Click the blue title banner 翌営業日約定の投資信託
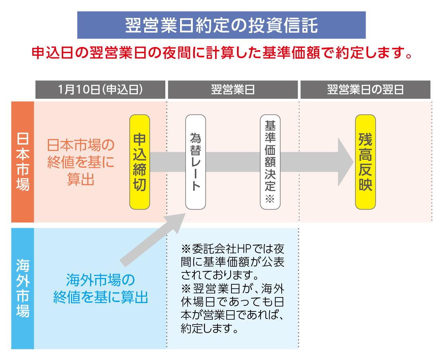tap(221, 25)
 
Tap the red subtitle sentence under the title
tap(222, 53)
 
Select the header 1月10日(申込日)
tap(100, 90)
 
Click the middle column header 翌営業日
tap(233, 90)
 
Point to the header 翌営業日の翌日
tap(365, 90)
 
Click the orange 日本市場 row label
tap(23, 162)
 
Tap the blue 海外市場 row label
tap(23, 288)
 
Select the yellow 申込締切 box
tap(139, 162)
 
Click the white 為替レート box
tap(196, 162)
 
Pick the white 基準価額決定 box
tap(270, 162)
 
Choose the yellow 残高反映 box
tap(365, 162)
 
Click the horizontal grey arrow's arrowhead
tap(345, 162)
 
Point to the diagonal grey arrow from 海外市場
tap(153, 240)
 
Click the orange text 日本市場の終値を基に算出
tap(80, 162)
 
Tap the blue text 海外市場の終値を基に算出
tap(100, 288)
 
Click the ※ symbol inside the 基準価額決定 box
tap(270, 199)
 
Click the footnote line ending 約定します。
tap(210, 329)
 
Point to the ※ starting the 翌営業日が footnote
tap(186, 289)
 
